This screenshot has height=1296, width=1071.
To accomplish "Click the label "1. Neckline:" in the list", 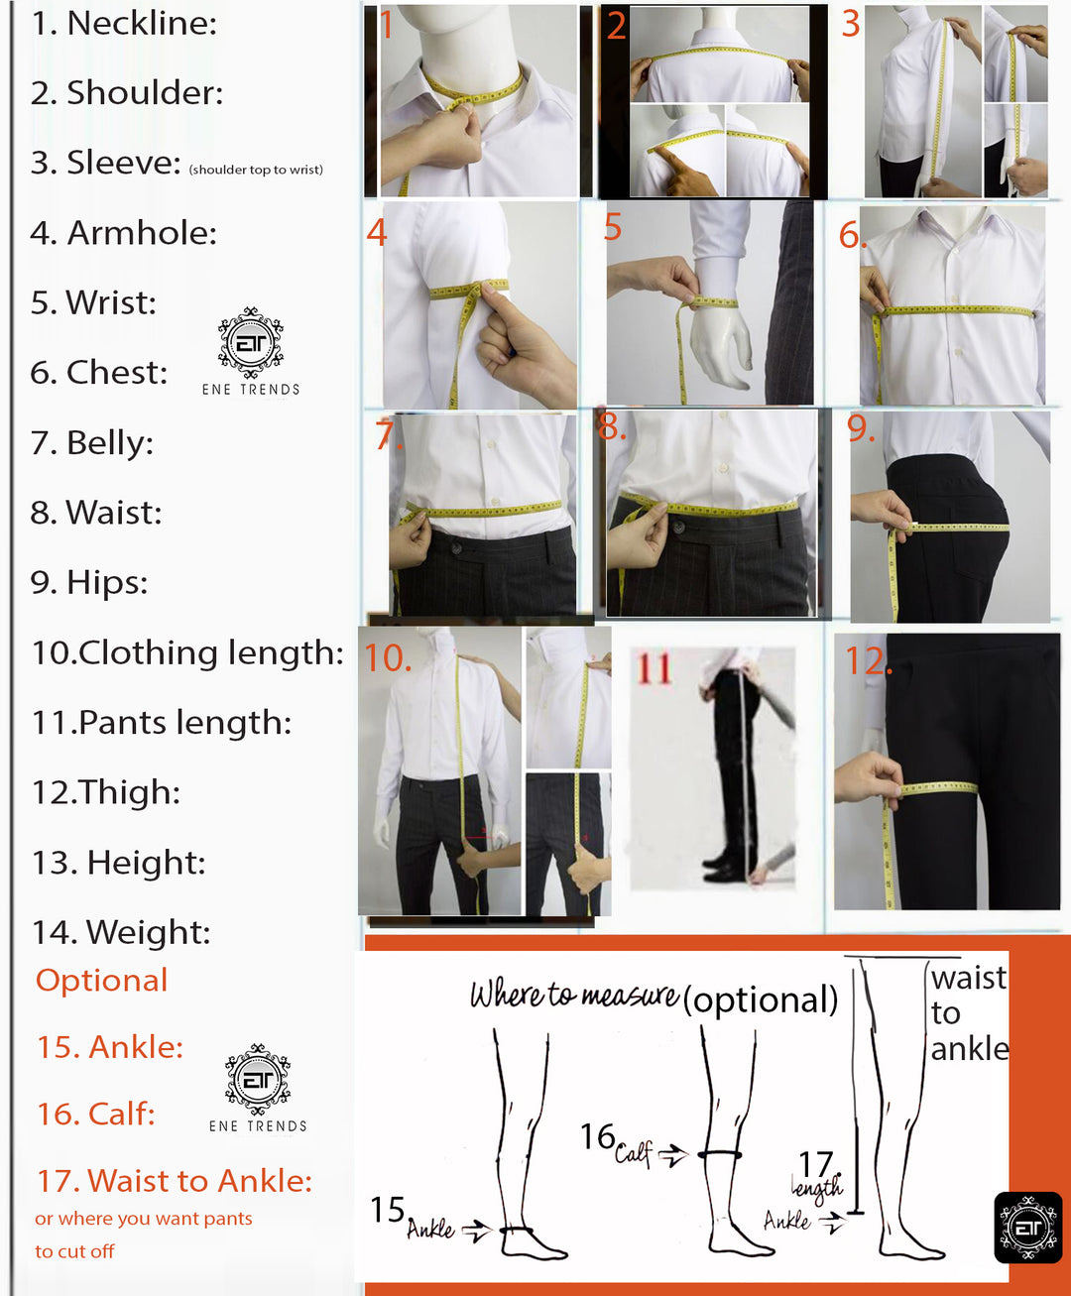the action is (x=124, y=24).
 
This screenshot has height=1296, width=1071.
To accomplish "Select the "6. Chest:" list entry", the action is (x=99, y=373).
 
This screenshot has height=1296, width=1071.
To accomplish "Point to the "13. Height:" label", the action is (x=119, y=862).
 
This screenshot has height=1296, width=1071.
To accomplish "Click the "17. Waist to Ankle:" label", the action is (x=175, y=1181).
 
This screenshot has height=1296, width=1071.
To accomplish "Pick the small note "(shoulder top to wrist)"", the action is (x=256, y=170).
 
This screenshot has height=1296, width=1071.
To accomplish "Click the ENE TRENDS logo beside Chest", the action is (x=251, y=351).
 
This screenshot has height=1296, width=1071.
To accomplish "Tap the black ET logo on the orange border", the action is (x=1028, y=1228).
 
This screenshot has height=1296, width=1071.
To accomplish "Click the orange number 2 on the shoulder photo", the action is (x=617, y=25).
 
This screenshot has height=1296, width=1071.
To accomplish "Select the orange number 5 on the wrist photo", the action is (x=612, y=226).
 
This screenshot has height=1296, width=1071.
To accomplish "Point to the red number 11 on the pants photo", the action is (x=654, y=668).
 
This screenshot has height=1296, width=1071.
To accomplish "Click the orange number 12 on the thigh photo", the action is (x=868, y=661).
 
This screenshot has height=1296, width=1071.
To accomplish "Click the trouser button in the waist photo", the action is (x=678, y=527).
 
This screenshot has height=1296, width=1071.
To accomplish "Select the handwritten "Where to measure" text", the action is (x=574, y=995).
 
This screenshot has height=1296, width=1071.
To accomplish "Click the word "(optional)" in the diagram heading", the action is (x=761, y=1000).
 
